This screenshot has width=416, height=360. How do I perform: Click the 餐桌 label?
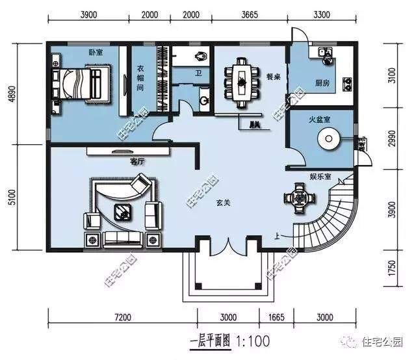pyautogui.click(x=272, y=75)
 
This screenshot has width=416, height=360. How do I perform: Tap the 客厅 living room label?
pyautogui.click(x=136, y=161)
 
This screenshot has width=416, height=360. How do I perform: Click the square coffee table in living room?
pyautogui.click(x=122, y=211)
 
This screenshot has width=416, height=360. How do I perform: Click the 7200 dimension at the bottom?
pyautogui.click(x=123, y=318)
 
